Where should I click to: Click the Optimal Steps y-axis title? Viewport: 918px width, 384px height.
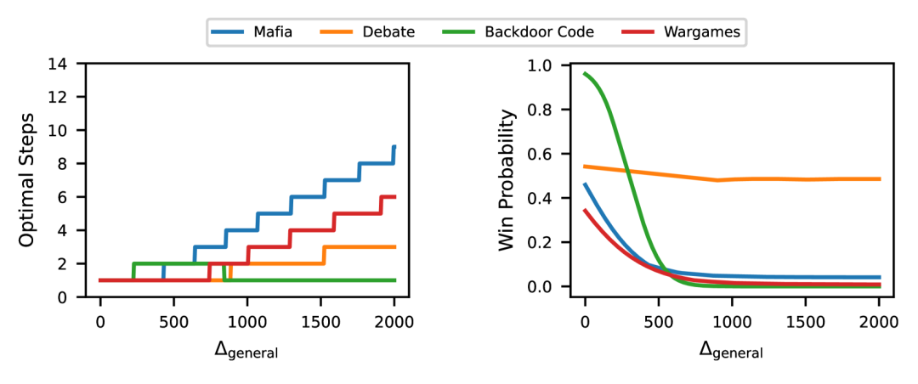[x=27, y=180]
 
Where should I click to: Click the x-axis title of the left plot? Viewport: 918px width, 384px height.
[x=246, y=349]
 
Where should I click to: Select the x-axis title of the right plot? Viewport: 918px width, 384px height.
[x=731, y=349]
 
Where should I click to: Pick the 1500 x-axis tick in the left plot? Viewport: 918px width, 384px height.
[x=320, y=321]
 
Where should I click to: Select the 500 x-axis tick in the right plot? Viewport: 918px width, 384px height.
[x=658, y=321]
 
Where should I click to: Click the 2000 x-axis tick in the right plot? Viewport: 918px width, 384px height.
[x=879, y=321]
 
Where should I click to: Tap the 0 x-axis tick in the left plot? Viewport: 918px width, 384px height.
[x=100, y=321]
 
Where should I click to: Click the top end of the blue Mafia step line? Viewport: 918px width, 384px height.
[x=394, y=146]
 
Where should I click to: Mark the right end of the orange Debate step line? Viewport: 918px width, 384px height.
[x=395, y=246]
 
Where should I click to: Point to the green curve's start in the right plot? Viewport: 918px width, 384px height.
[x=585, y=73]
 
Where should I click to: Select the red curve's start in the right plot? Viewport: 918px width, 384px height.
[x=585, y=210]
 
